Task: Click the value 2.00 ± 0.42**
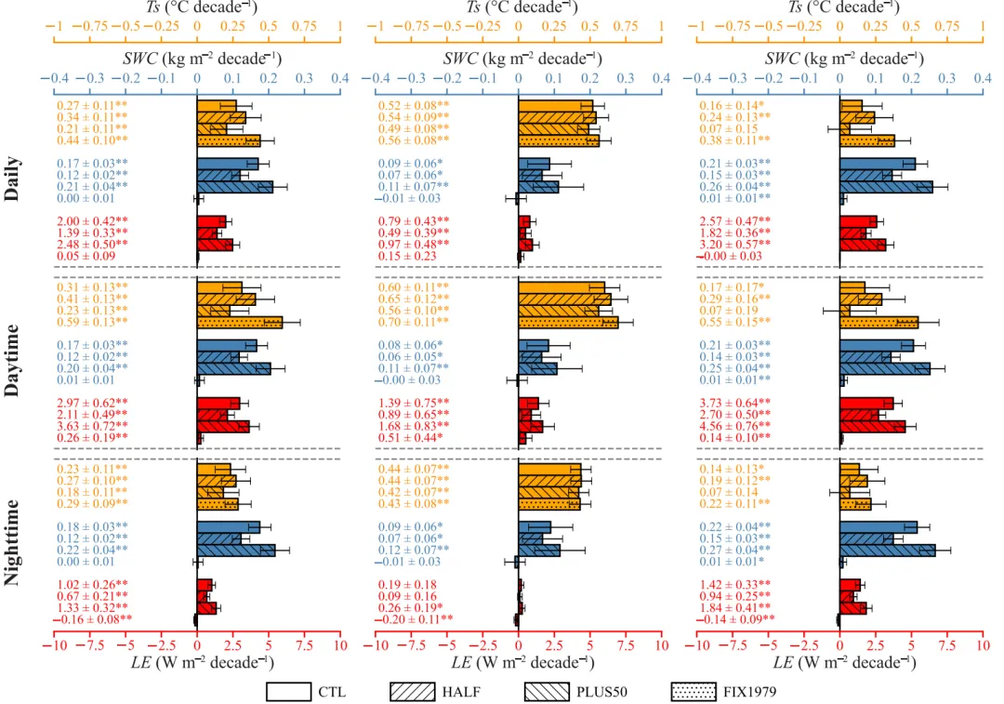pos(91,220)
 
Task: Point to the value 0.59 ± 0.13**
pos(91,323)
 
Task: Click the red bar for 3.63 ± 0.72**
pos(223,426)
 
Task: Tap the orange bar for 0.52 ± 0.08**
pos(555,105)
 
